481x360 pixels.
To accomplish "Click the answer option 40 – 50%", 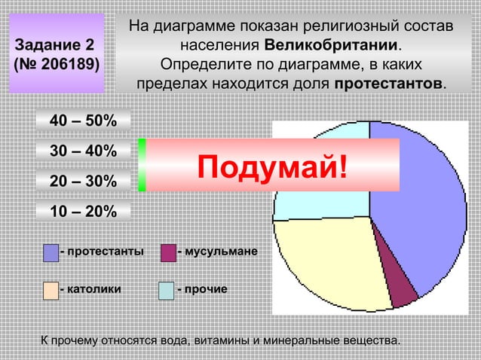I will [83, 121].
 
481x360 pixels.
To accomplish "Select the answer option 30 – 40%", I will [83, 151].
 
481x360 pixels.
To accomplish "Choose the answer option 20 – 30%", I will [83, 182].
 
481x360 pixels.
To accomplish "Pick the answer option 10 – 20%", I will [83, 212].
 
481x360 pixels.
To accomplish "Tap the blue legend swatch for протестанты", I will [51, 252].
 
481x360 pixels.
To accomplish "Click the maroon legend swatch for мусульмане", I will [167, 252].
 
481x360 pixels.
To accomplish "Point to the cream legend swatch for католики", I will [51, 289].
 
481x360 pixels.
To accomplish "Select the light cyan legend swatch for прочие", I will [167, 289].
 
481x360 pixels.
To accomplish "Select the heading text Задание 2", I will [54, 44].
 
